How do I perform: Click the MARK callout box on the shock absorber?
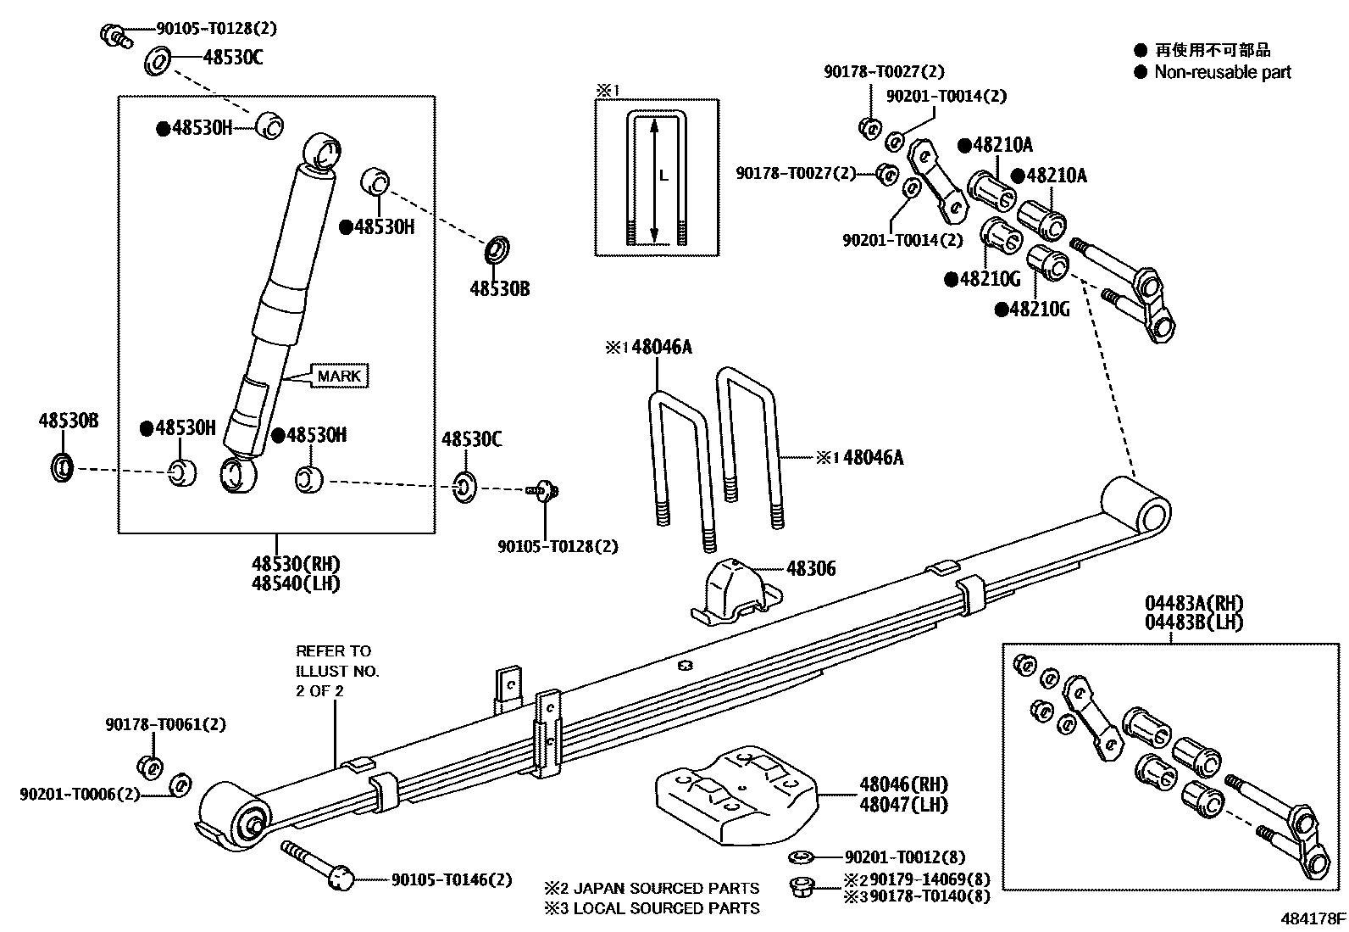click(x=339, y=376)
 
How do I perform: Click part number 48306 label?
click(x=810, y=568)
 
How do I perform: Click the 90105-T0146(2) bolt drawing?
click(x=319, y=865)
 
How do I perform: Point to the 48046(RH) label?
click(x=903, y=784)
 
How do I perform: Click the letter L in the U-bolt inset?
click(x=664, y=176)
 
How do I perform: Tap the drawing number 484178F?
click(x=1313, y=918)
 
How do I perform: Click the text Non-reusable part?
click(x=1222, y=72)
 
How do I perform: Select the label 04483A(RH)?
click(x=1194, y=604)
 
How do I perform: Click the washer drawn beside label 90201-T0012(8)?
click(x=802, y=857)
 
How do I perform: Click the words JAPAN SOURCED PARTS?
click(x=666, y=889)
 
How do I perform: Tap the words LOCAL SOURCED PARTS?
click(x=666, y=908)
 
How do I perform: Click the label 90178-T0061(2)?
click(x=165, y=725)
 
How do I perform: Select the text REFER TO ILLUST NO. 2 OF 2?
click(x=336, y=671)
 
